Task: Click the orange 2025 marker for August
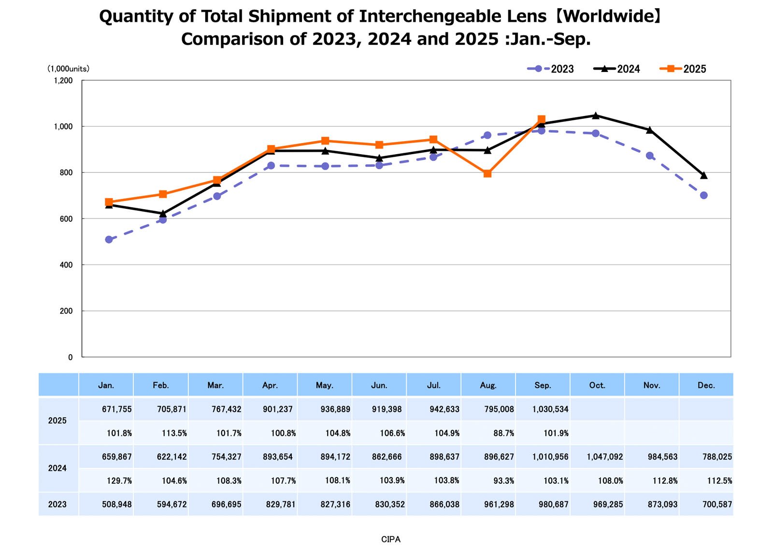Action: click(x=487, y=173)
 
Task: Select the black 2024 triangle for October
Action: click(x=595, y=116)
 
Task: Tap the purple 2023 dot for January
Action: click(x=109, y=240)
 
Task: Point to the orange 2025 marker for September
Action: click(x=541, y=119)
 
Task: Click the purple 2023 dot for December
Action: click(x=703, y=195)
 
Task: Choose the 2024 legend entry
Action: click(x=617, y=69)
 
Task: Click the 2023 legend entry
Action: click(x=551, y=69)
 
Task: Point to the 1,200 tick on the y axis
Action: click(x=63, y=81)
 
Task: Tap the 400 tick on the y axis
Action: click(x=66, y=265)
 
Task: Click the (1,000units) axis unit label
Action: click(x=68, y=69)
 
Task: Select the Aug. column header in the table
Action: click(x=488, y=385)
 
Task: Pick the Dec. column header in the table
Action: click(x=706, y=385)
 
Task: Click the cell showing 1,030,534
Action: click(x=550, y=409)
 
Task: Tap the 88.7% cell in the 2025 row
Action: click(x=503, y=433)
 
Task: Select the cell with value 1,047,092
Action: click(x=604, y=457)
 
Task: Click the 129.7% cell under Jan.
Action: click(x=119, y=480)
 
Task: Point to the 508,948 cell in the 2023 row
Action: click(x=116, y=505)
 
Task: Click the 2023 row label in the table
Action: click(x=57, y=505)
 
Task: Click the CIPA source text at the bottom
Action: click(x=390, y=539)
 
